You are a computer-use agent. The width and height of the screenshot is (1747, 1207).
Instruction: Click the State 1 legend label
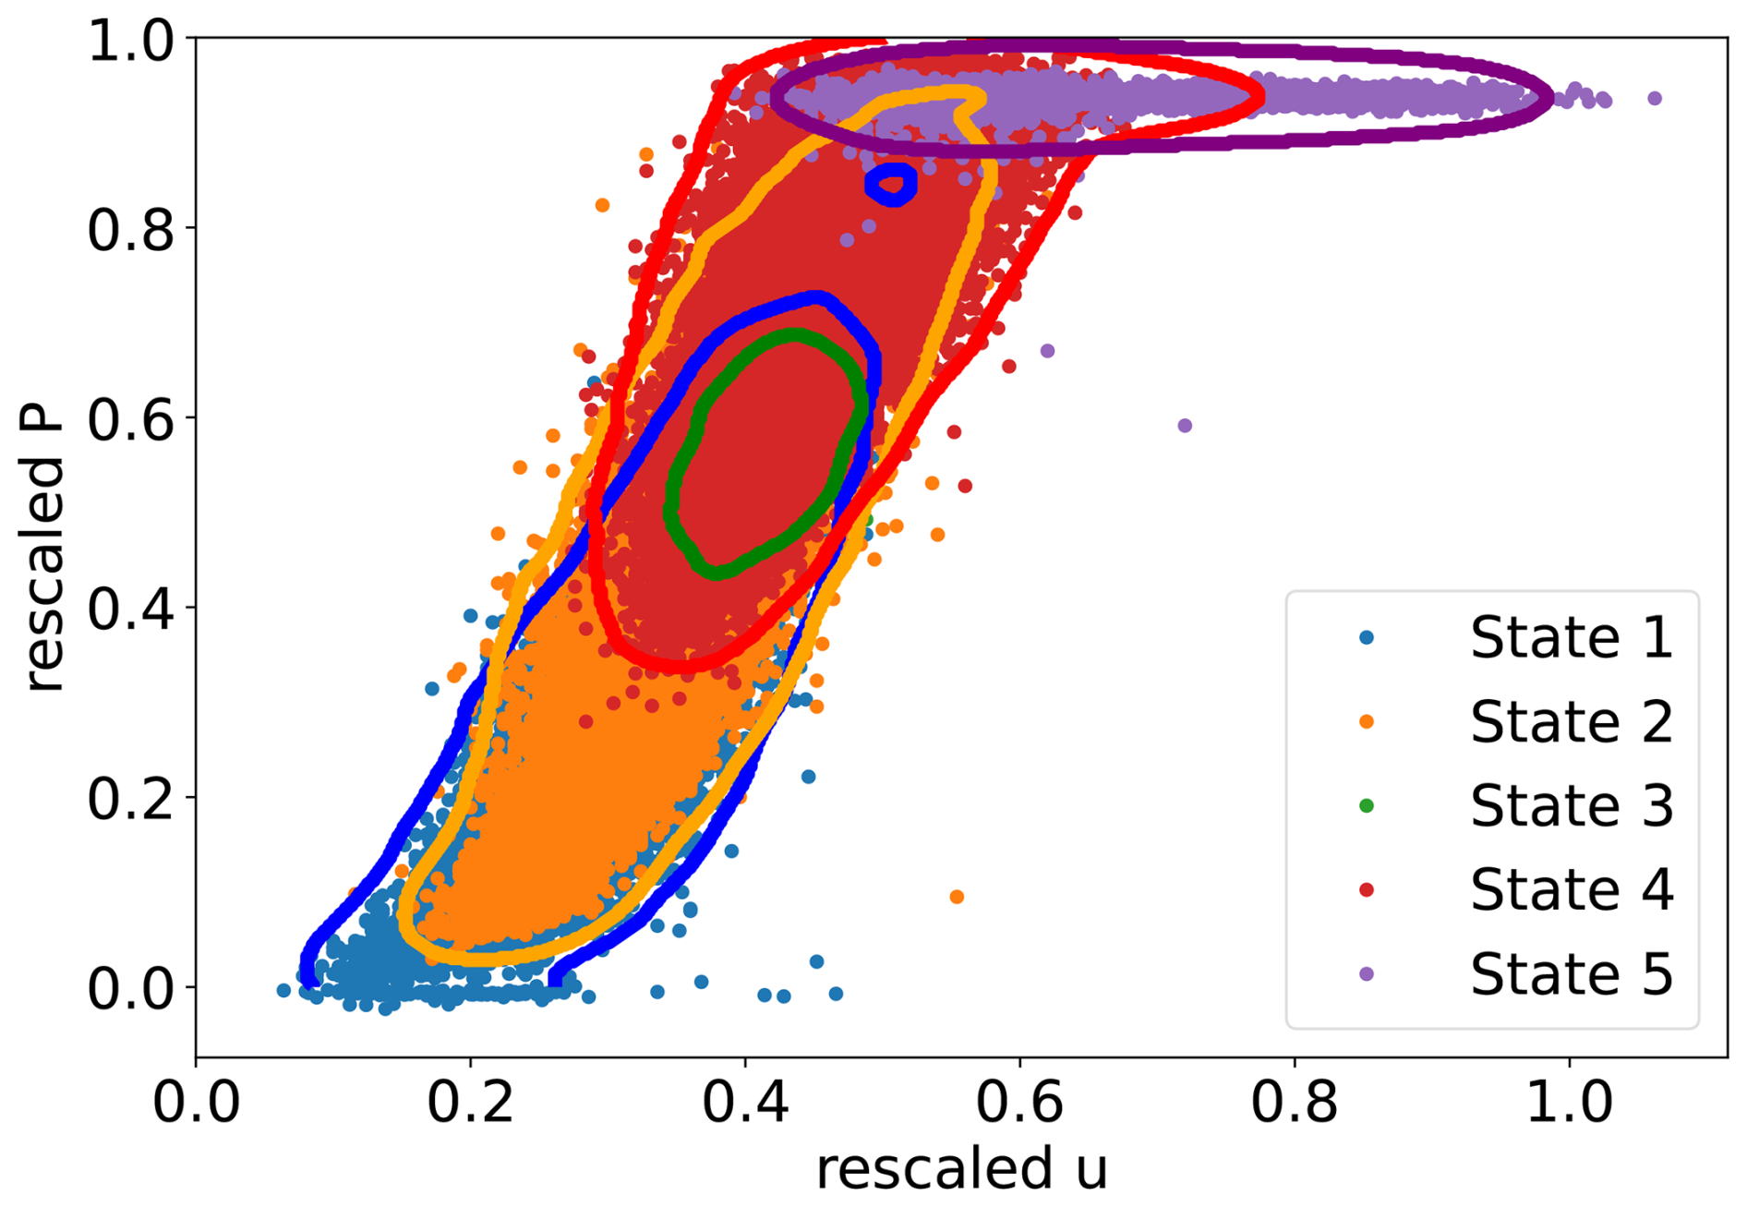(x=1571, y=637)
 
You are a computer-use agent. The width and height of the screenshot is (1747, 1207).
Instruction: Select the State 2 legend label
(x=1571, y=721)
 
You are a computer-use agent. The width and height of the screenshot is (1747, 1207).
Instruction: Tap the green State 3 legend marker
(x=1367, y=805)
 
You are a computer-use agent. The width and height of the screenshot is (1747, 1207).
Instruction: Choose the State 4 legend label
(x=1571, y=889)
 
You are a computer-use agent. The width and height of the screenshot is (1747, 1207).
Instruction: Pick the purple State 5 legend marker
(x=1367, y=973)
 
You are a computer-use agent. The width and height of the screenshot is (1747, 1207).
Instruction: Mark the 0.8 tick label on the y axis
(x=130, y=230)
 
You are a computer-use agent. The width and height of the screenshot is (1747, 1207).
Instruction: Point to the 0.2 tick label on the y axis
(x=130, y=799)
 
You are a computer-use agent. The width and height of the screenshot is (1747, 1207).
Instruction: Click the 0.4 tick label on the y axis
(x=130, y=609)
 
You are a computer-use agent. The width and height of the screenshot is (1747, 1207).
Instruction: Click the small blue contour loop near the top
(x=891, y=184)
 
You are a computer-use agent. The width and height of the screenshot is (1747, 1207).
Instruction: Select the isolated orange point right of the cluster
(x=957, y=897)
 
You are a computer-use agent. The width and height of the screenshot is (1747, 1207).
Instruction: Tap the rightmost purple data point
(x=1655, y=98)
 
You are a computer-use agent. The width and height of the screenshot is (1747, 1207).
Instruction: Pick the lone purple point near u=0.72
(x=1185, y=426)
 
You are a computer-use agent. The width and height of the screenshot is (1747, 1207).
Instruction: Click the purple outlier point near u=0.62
(x=1047, y=351)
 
